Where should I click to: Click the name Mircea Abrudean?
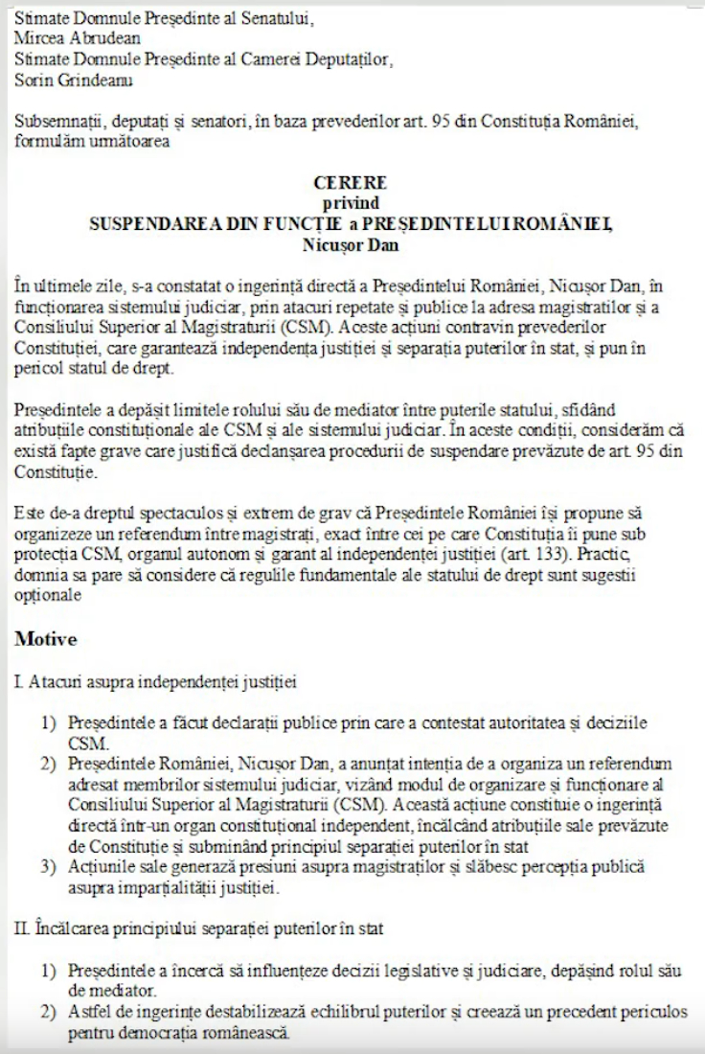click(78, 38)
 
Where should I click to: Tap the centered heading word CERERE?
click(350, 182)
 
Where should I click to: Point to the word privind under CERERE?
click(350, 202)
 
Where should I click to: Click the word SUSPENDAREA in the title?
click(153, 223)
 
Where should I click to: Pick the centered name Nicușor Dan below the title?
click(350, 243)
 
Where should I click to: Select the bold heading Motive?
click(46, 637)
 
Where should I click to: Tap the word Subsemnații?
click(57, 124)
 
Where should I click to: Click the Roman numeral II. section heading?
click(22, 928)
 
